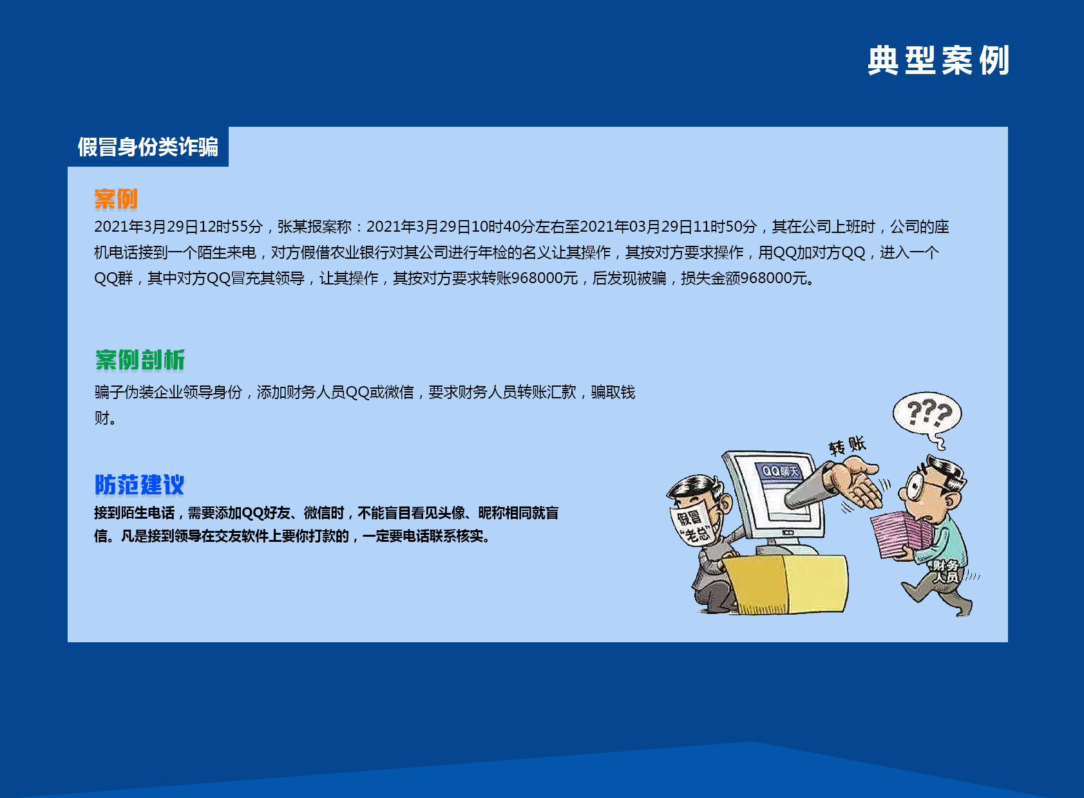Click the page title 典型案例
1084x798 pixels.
point(938,60)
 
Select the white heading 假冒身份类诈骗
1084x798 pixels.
point(148,147)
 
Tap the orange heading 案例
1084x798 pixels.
point(116,199)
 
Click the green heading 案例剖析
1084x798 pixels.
point(140,360)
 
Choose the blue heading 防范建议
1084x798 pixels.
point(139,485)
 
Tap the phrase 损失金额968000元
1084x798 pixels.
point(745,278)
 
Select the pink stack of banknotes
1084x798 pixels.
point(902,534)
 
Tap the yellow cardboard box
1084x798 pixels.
point(784,584)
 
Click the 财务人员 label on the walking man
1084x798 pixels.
point(946,571)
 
